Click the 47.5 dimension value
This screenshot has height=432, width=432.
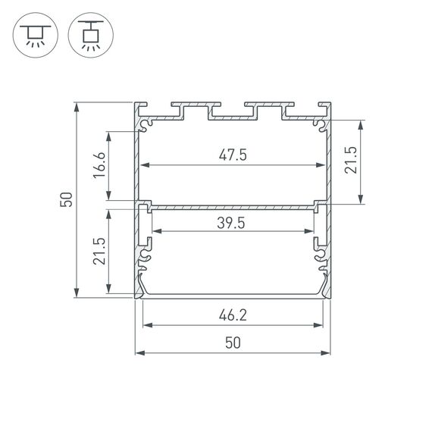click(x=233, y=155)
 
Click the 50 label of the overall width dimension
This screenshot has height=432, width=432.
click(x=233, y=343)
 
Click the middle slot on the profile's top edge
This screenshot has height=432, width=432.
click(x=233, y=111)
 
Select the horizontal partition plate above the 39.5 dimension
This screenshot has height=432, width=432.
click(x=233, y=205)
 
